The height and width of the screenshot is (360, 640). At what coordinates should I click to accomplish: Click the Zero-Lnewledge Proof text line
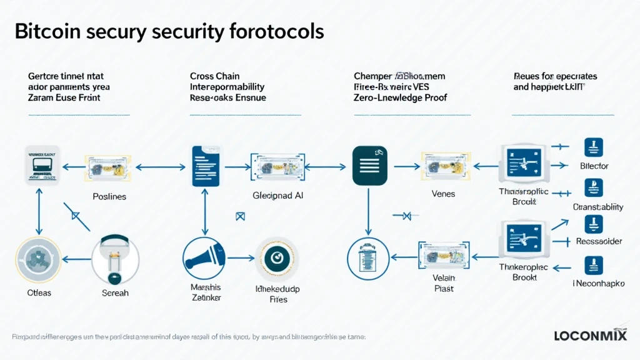400,98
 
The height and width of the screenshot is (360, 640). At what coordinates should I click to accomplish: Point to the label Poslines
109,196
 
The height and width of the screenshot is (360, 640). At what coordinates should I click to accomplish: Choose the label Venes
443,194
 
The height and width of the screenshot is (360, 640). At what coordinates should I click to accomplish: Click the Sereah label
114,292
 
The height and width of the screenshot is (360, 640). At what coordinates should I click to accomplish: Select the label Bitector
594,166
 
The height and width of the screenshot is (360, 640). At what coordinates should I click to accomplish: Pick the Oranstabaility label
598,207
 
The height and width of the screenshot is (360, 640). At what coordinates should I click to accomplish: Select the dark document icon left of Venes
366,165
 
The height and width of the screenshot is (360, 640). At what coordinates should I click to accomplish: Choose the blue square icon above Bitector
592,147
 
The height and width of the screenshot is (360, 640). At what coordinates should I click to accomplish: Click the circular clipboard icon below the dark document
367,259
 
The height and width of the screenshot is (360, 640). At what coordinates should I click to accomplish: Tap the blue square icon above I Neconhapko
592,266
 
